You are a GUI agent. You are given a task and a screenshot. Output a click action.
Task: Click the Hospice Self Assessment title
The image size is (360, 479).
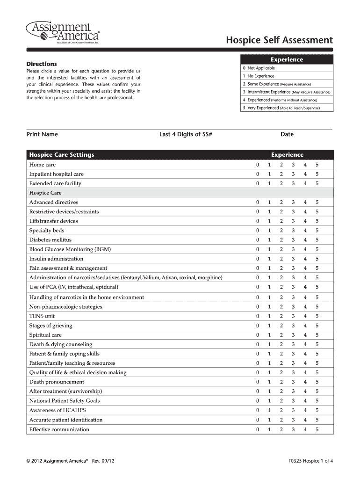point(280,40)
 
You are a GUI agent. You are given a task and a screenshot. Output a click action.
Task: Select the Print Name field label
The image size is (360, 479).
point(42,134)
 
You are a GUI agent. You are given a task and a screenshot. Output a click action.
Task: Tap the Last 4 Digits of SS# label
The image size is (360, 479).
point(186,134)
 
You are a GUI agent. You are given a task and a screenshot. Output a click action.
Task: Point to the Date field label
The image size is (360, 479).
point(287,134)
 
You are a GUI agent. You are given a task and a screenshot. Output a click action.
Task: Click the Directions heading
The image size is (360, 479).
point(42,64)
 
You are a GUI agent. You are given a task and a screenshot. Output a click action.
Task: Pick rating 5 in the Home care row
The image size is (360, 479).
point(317,165)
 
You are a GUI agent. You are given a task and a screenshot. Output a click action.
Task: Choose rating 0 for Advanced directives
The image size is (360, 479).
point(257,203)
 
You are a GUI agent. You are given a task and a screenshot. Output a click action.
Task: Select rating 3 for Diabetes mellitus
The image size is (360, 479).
point(293,240)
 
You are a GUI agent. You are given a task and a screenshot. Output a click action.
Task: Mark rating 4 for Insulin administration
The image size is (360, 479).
point(305,259)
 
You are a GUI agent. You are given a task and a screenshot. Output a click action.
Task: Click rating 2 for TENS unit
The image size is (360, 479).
point(281,316)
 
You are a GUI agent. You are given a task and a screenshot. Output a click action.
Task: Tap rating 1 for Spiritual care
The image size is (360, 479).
point(269,335)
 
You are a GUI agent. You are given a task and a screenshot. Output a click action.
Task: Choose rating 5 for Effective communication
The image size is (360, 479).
point(317,429)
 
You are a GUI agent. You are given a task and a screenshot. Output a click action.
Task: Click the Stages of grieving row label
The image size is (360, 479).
point(50,326)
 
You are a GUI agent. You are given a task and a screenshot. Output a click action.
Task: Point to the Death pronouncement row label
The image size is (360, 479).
point(57,382)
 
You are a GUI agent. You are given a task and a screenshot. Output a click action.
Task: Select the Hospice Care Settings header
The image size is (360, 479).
point(62,155)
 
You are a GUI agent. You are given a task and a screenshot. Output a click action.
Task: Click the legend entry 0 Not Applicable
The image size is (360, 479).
point(259,68)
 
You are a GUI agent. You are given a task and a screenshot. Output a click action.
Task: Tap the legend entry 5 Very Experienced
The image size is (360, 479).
point(287,108)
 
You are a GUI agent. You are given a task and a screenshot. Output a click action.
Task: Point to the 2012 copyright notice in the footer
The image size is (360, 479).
point(70,460)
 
